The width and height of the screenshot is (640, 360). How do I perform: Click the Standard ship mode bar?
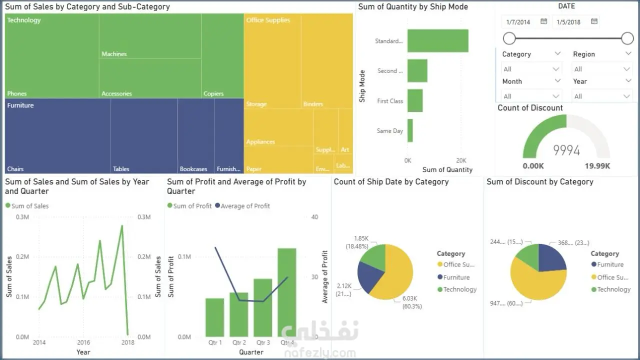tap(437, 41)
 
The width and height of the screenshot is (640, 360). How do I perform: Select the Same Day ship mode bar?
tap(410, 130)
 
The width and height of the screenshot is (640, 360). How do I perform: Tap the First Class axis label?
tap(390, 101)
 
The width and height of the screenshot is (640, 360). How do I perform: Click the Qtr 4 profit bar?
tap(287, 292)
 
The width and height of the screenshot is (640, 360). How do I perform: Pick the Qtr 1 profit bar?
tap(215, 317)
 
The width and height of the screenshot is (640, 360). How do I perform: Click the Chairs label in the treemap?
tap(15, 169)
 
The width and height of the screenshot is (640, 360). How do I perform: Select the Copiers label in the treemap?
tap(213, 93)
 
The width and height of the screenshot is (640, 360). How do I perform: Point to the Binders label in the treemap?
tap(313, 104)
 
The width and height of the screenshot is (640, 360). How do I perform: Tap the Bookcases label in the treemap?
tap(193, 169)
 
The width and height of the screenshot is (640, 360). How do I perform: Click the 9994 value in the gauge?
tap(566, 150)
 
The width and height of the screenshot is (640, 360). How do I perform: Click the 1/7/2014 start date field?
tap(518, 22)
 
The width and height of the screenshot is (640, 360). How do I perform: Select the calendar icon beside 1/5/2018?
tap(594, 21)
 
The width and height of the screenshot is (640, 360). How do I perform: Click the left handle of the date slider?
tap(509, 38)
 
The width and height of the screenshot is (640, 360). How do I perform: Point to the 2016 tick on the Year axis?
tap(83, 342)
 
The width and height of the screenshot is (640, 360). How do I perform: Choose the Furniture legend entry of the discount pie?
tap(610, 264)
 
